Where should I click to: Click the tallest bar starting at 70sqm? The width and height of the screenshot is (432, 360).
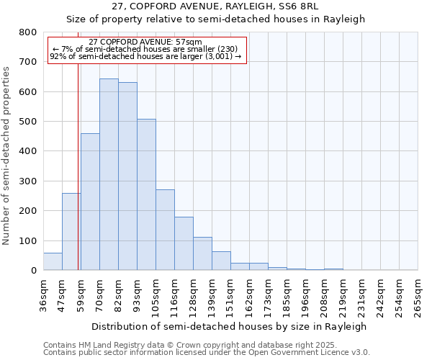click(109, 174)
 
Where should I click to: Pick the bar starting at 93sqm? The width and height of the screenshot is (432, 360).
click(146, 194)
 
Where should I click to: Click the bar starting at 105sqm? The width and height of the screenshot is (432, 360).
click(165, 230)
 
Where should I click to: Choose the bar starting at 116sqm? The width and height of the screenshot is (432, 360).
click(184, 243)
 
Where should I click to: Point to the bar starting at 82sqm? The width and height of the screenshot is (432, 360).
click(127, 176)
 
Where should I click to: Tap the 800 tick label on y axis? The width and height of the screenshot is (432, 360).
click(28, 32)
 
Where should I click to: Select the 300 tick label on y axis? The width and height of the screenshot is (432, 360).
click(28, 181)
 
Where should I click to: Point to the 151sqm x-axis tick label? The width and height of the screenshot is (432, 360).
click(230, 297)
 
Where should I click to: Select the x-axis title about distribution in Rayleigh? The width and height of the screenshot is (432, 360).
click(230, 326)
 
